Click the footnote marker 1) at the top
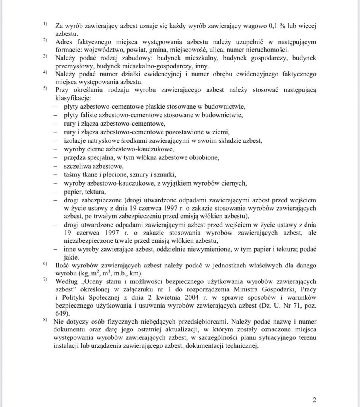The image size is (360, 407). [x=45, y=24]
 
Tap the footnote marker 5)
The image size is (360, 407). [x=45, y=88]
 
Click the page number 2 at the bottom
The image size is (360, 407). [x=314, y=400]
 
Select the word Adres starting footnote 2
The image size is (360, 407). [x=64, y=42]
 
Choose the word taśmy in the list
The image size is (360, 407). [x=72, y=174]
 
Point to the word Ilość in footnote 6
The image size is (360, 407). [x=64, y=266]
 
